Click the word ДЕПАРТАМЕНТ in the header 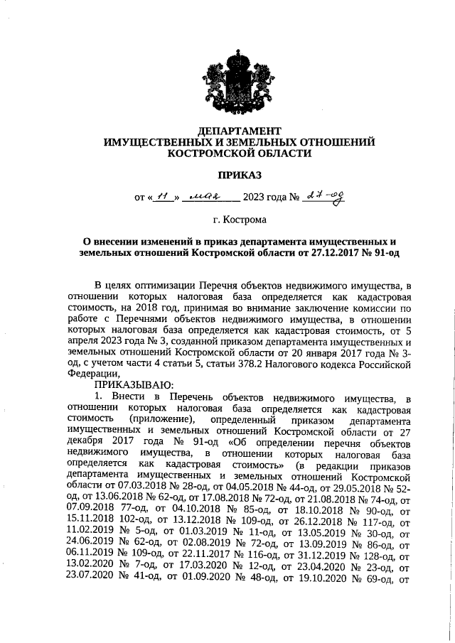tap(239, 130)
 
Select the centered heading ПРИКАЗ tap(239, 173)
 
